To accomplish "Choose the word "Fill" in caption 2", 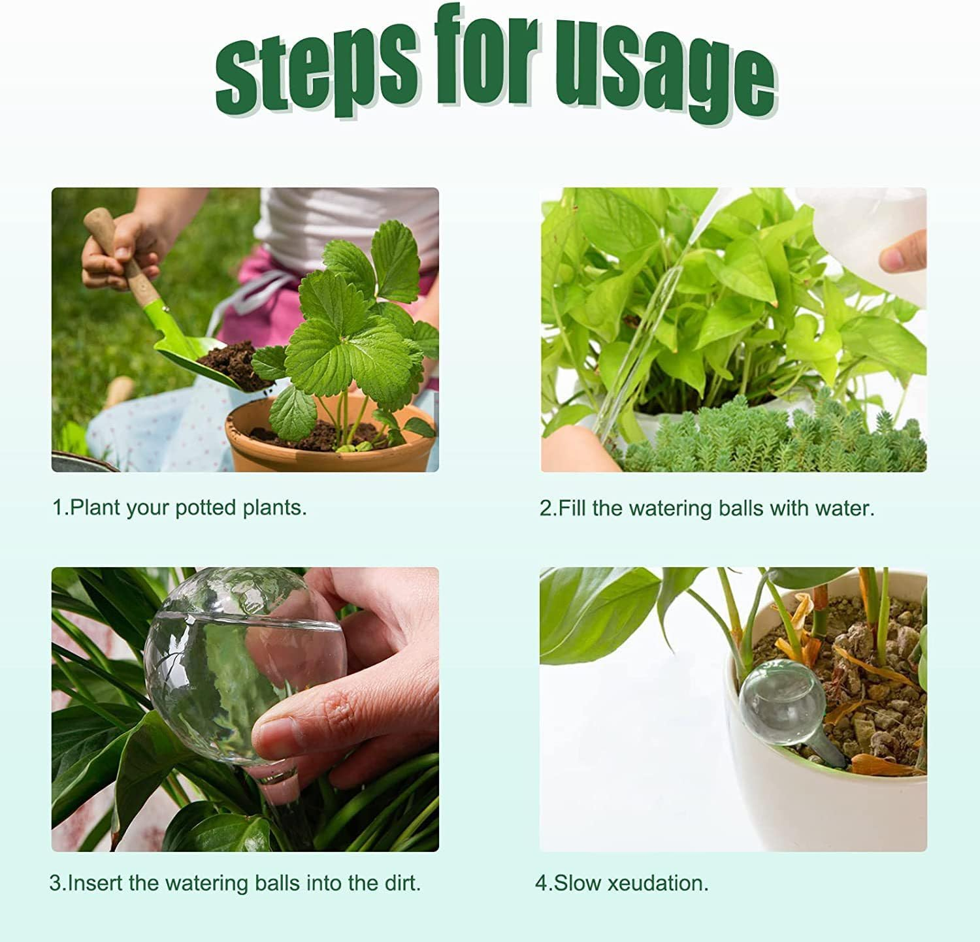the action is [573, 508].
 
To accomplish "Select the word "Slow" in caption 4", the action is [578, 883].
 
